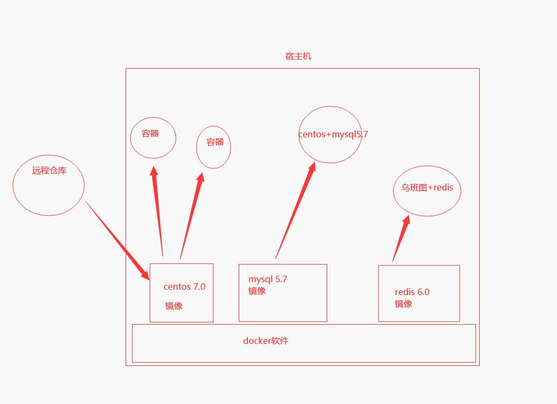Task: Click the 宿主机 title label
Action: (x=298, y=56)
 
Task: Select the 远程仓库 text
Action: (x=49, y=171)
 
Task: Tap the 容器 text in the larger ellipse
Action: (x=150, y=134)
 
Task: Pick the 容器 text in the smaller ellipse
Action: (x=215, y=142)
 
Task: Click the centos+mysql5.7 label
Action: (x=333, y=134)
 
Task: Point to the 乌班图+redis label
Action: (x=427, y=188)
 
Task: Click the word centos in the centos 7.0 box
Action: (x=177, y=287)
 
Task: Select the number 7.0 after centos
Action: (x=199, y=287)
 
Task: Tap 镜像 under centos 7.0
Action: (x=174, y=306)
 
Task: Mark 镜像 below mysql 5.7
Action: (x=257, y=291)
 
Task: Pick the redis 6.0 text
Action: (x=412, y=292)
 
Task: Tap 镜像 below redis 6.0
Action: (x=404, y=304)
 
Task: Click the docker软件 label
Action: (x=266, y=341)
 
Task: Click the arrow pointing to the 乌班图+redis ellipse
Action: (x=401, y=238)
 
